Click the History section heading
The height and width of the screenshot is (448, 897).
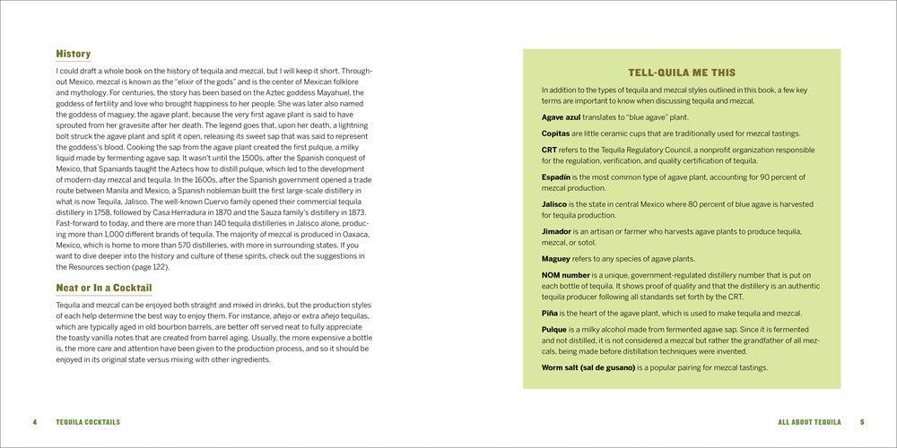coord(73,54)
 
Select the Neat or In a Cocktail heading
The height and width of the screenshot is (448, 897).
coord(103,288)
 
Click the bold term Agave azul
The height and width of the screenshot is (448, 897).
coord(561,117)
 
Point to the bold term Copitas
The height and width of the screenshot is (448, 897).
coord(557,133)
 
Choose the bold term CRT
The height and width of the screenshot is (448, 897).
coord(550,149)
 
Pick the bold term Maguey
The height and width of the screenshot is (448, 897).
coord(557,258)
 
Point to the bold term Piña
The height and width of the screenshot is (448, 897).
coord(550,314)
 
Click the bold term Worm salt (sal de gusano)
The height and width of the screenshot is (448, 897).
coord(588,367)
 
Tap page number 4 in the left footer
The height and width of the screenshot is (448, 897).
coord(34,422)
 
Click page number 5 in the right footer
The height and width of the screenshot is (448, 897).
coord(862,422)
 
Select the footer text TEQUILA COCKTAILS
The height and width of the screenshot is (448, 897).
coord(87,422)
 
